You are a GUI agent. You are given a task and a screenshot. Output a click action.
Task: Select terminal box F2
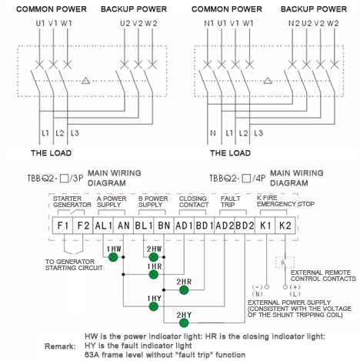pyautogui.click(x=83, y=226)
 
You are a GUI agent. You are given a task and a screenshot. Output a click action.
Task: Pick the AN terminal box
pyautogui.click(x=124, y=226)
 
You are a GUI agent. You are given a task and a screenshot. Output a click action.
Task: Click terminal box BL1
pyautogui.click(x=144, y=226)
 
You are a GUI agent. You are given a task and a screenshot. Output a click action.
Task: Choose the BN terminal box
pyautogui.click(x=164, y=226)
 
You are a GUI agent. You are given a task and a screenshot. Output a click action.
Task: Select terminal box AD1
pyautogui.click(x=184, y=226)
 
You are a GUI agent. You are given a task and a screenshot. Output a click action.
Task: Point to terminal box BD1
pyautogui.click(x=204, y=226)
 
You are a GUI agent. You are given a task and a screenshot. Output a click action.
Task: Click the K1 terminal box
pyautogui.click(x=265, y=226)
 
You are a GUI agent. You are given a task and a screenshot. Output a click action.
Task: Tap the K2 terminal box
pyautogui.click(x=285, y=226)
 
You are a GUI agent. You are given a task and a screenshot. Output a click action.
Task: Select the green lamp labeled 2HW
pyautogui.click(x=154, y=256)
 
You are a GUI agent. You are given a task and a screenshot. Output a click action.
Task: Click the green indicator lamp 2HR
pyautogui.click(x=183, y=289)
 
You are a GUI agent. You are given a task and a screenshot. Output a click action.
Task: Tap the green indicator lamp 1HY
pyautogui.click(x=154, y=306)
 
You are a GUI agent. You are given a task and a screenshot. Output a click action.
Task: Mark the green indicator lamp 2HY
pyautogui.click(x=183, y=323)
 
